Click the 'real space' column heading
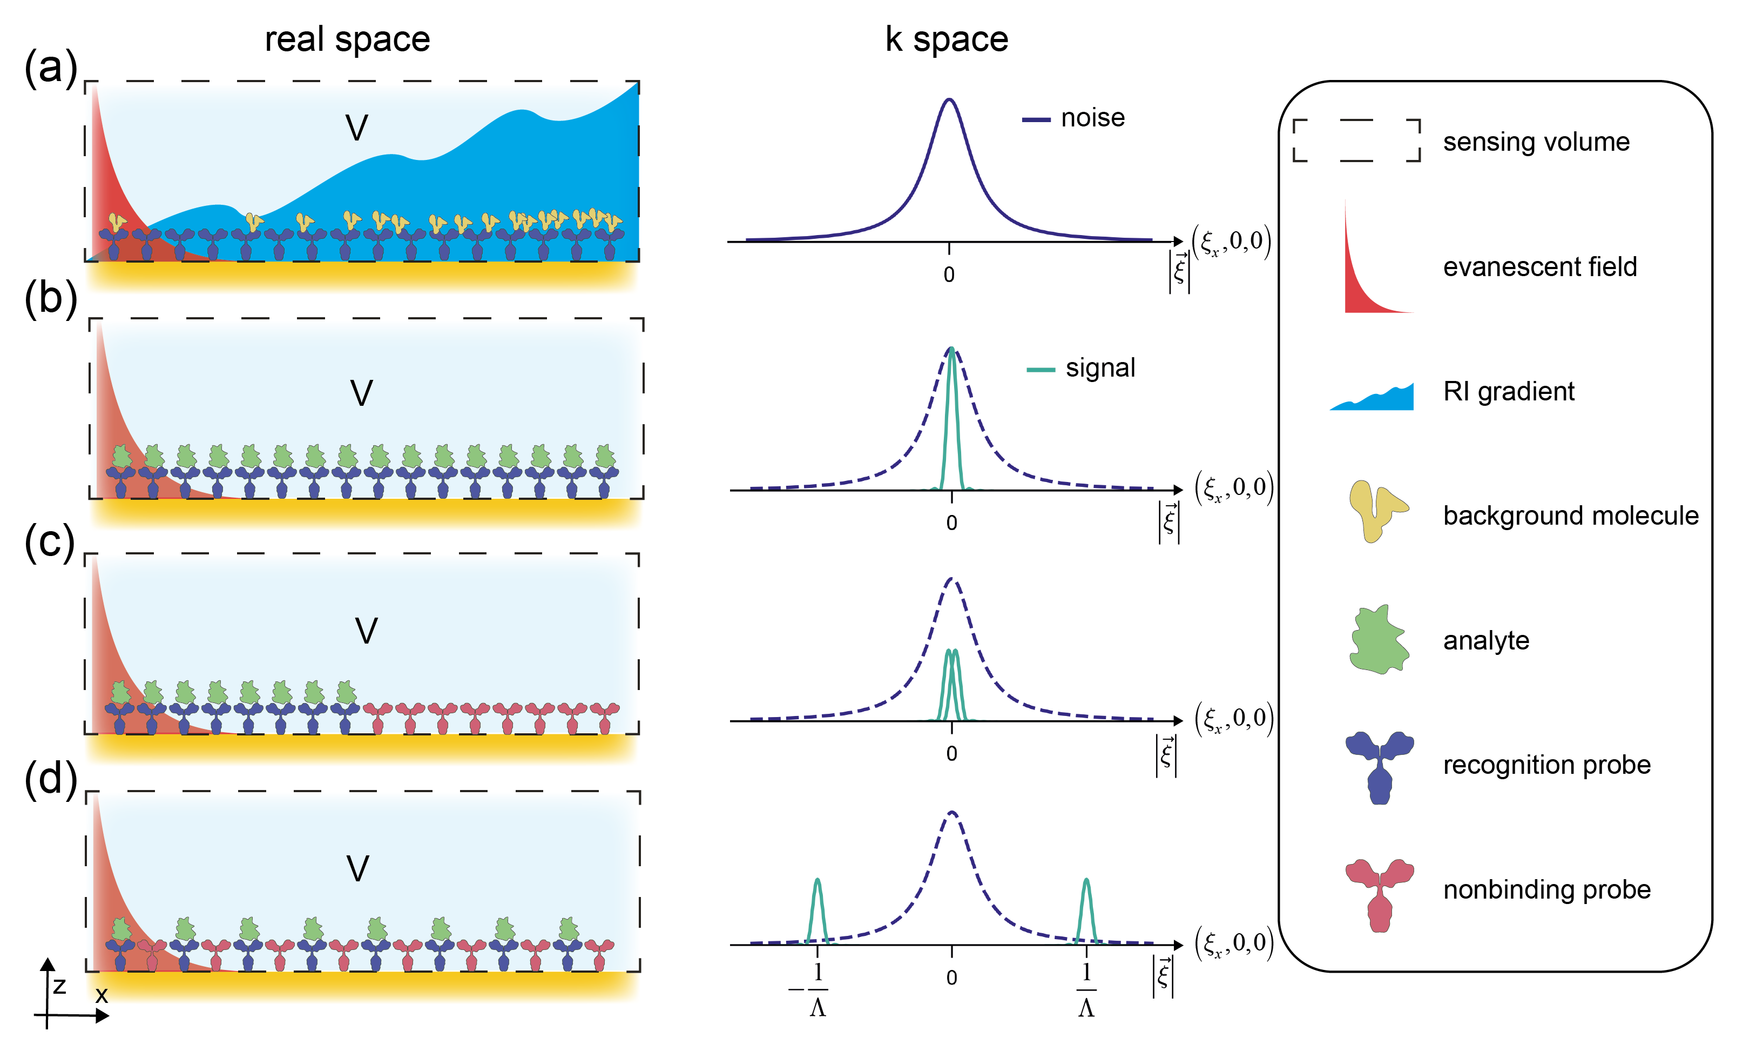pyautogui.click(x=347, y=39)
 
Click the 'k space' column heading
pyautogui.click(x=946, y=39)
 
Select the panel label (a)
pyautogui.click(x=50, y=69)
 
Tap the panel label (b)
pyautogui.click(x=50, y=299)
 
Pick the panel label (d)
pyautogui.click(x=50, y=779)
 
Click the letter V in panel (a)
pyautogui.click(x=356, y=128)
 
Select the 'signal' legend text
pyautogui.click(x=1100, y=368)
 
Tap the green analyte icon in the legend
pyautogui.click(x=1378, y=640)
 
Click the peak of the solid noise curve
pyautogui.click(x=949, y=100)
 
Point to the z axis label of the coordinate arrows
pyautogui.click(x=59, y=986)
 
